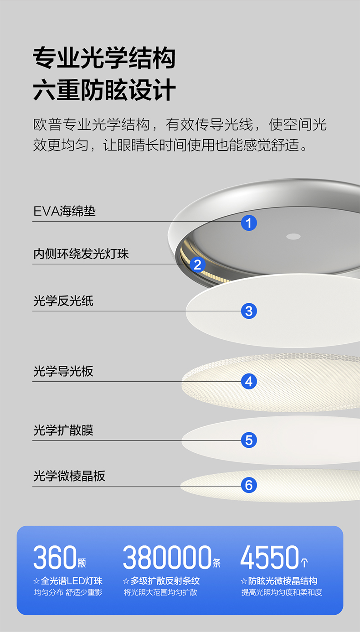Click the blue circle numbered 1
tap(249, 223)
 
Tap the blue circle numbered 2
tap(197, 264)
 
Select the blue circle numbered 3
tap(249, 311)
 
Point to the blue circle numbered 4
tap(249, 381)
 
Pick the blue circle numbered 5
tap(249, 440)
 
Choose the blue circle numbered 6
tap(249, 485)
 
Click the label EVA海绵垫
tap(65, 212)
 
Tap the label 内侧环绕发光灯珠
tap(81, 254)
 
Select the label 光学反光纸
tap(63, 301)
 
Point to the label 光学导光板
tap(63, 371)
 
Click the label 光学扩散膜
tap(63, 430)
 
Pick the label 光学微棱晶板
tap(69, 476)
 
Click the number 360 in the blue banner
tap(54, 558)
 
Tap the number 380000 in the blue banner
tap(167, 558)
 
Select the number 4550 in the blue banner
tap(269, 558)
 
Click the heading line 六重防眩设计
tap(104, 90)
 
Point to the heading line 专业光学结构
tap(104, 58)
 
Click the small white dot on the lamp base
tap(293, 236)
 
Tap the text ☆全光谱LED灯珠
tap(68, 581)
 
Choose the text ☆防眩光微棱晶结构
tap(279, 581)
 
